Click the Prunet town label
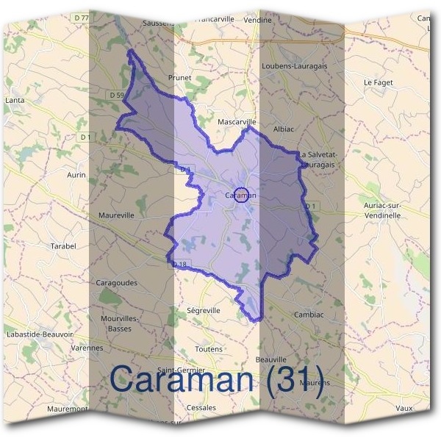click(x=179, y=77)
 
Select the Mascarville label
click(x=237, y=121)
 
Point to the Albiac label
click(x=284, y=129)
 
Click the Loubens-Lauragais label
click(x=294, y=65)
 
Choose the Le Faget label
click(x=379, y=83)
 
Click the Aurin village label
click(x=76, y=175)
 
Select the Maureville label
click(x=116, y=216)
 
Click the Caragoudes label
click(x=117, y=282)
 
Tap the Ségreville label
click(x=204, y=311)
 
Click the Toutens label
click(x=209, y=348)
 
